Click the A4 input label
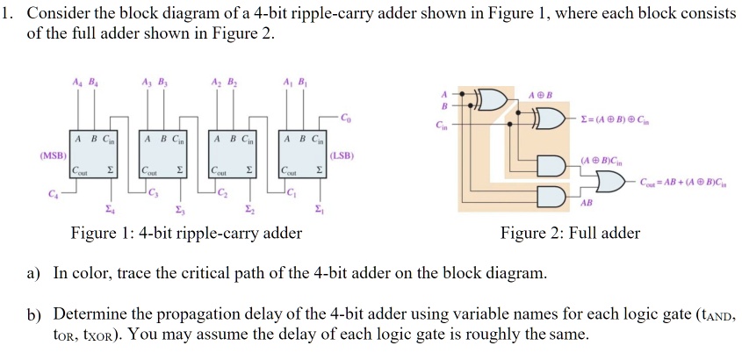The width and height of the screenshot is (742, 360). coord(76,82)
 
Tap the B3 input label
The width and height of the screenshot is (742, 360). coord(163,82)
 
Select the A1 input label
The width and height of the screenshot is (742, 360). coord(285,82)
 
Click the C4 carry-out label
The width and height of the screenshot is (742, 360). coord(53,193)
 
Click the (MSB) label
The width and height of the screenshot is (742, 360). coord(54,155)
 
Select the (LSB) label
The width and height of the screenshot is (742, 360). coord(342,155)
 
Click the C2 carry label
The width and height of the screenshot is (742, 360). coord(222,193)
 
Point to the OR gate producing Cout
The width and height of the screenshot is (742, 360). coord(611,182)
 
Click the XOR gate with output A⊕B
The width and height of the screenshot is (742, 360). coord(494,99)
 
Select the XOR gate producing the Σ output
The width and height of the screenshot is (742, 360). coord(550,119)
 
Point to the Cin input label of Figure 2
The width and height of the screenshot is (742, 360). coord(442,126)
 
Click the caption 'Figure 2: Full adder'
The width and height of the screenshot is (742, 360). coord(570,233)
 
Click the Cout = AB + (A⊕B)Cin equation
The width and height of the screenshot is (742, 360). coord(683,182)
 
